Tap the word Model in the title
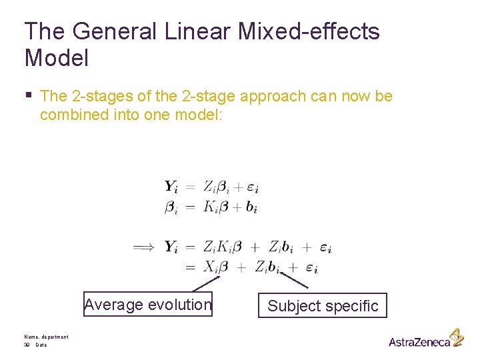pyautogui.click(x=57, y=58)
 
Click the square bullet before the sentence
pyautogui.click(x=29, y=95)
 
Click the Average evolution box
pyautogui.click(x=148, y=305)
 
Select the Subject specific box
pyautogui.click(x=323, y=306)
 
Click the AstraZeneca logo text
pyautogui.click(x=419, y=342)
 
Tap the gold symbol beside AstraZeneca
pyautogui.click(x=457, y=337)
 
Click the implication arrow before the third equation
pyautogui.click(x=144, y=247)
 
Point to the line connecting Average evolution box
pyautogui.click(x=206, y=283)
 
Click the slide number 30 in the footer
pyautogui.click(x=27, y=345)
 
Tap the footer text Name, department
pyautogui.click(x=46, y=337)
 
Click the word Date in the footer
pyautogui.click(x=41, y=345)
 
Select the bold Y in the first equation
pyautogui.click(x=171, y=187)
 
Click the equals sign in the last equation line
pyautogui.click(x=190, y=267)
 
